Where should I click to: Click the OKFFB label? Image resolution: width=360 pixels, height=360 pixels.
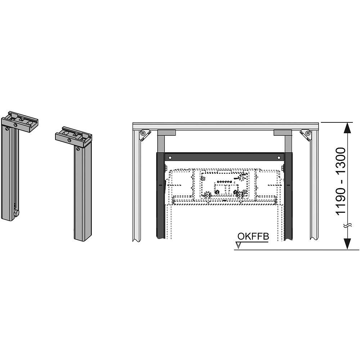(253, 236)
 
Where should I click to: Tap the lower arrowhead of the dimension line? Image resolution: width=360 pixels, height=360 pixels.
(348, 244)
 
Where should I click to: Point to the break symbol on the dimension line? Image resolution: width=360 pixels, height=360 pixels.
(348, 226)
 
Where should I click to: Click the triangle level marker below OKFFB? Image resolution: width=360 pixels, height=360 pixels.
(239, 246)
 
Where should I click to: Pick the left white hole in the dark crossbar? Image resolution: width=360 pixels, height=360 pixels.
(170, 158)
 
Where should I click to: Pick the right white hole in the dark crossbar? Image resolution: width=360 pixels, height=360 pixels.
(279, 158)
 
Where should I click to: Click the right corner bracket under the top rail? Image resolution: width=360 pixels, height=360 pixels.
(306, 135)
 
